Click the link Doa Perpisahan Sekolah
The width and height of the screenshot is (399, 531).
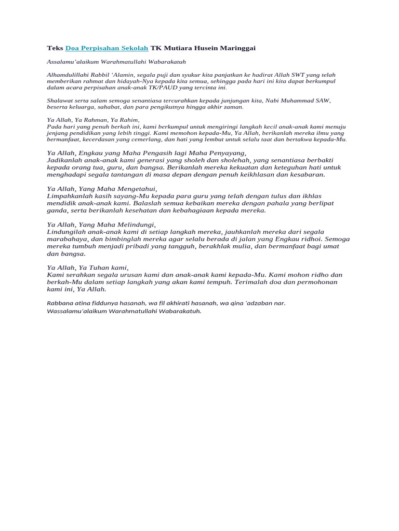click(107, 48)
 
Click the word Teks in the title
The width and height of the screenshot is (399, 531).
click(55, 48)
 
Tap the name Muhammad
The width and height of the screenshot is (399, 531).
click(297, 100)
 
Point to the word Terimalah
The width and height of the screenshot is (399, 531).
click(252, 282)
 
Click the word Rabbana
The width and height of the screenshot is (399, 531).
click(60, 303)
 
